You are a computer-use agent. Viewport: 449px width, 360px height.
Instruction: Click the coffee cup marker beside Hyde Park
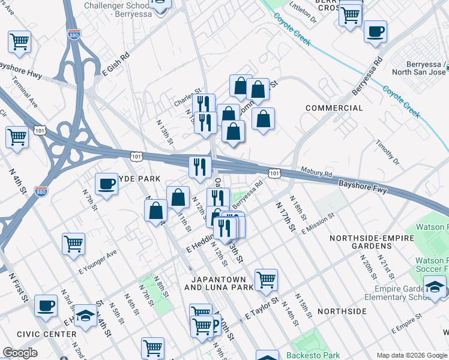click(107, 184)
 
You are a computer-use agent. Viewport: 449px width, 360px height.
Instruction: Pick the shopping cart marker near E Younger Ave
click(73, 244)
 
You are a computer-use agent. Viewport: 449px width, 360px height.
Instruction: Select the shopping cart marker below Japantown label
click(266, 279)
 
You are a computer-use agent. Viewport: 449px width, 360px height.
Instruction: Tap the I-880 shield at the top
click(73, 35)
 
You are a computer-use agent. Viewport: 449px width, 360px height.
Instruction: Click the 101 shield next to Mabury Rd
click(274, 173)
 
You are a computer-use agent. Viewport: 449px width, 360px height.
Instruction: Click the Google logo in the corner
click(20, 353)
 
